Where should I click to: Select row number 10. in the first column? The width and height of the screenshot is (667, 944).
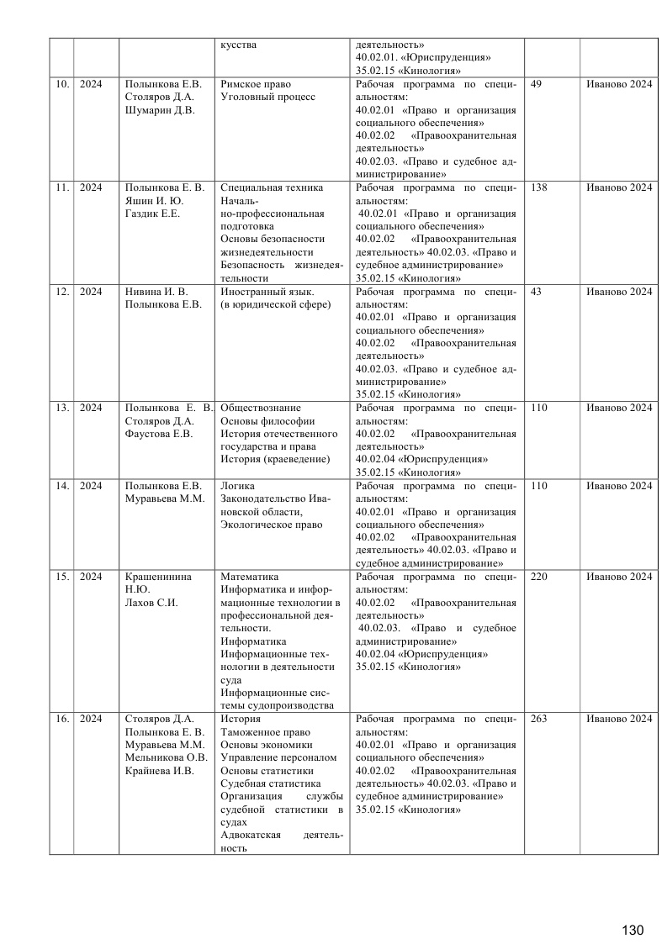[61, 83]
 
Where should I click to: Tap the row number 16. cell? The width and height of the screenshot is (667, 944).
[61, 719]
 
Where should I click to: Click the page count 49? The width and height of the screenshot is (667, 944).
[537, 83]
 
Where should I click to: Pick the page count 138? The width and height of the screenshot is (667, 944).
[539, 187]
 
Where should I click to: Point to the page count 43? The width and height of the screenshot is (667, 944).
[537, 291]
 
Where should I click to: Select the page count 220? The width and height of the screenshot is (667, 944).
[539, 577]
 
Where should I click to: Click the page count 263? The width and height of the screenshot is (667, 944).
[539, 719]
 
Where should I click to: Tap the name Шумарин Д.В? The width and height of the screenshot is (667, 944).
[160, 110]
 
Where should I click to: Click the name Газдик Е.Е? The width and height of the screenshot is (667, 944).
[152, 214]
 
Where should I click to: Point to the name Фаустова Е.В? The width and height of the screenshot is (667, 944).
[159, 434]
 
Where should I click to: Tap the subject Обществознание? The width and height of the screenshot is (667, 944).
[260, 408]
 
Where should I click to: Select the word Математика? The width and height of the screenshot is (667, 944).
[249, 577]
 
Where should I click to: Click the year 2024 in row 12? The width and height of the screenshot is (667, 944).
[91, 291]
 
